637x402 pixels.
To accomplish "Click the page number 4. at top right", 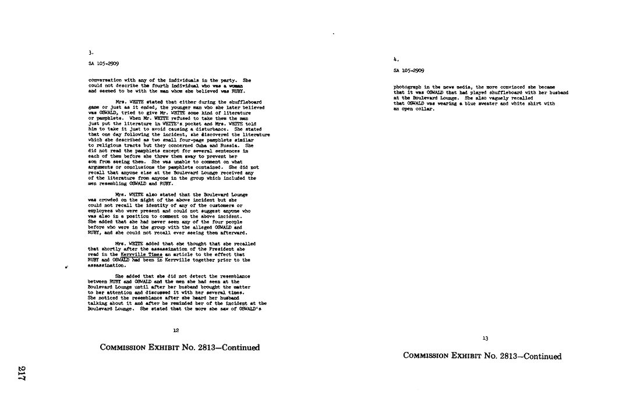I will (x=396, y=59).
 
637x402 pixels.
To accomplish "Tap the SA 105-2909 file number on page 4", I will (x=409, y=70).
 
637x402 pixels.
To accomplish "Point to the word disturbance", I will (x=214, y=129).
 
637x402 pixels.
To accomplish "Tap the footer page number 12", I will (x=176, y=330).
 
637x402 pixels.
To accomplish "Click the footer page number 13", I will (x=485, y=339).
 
